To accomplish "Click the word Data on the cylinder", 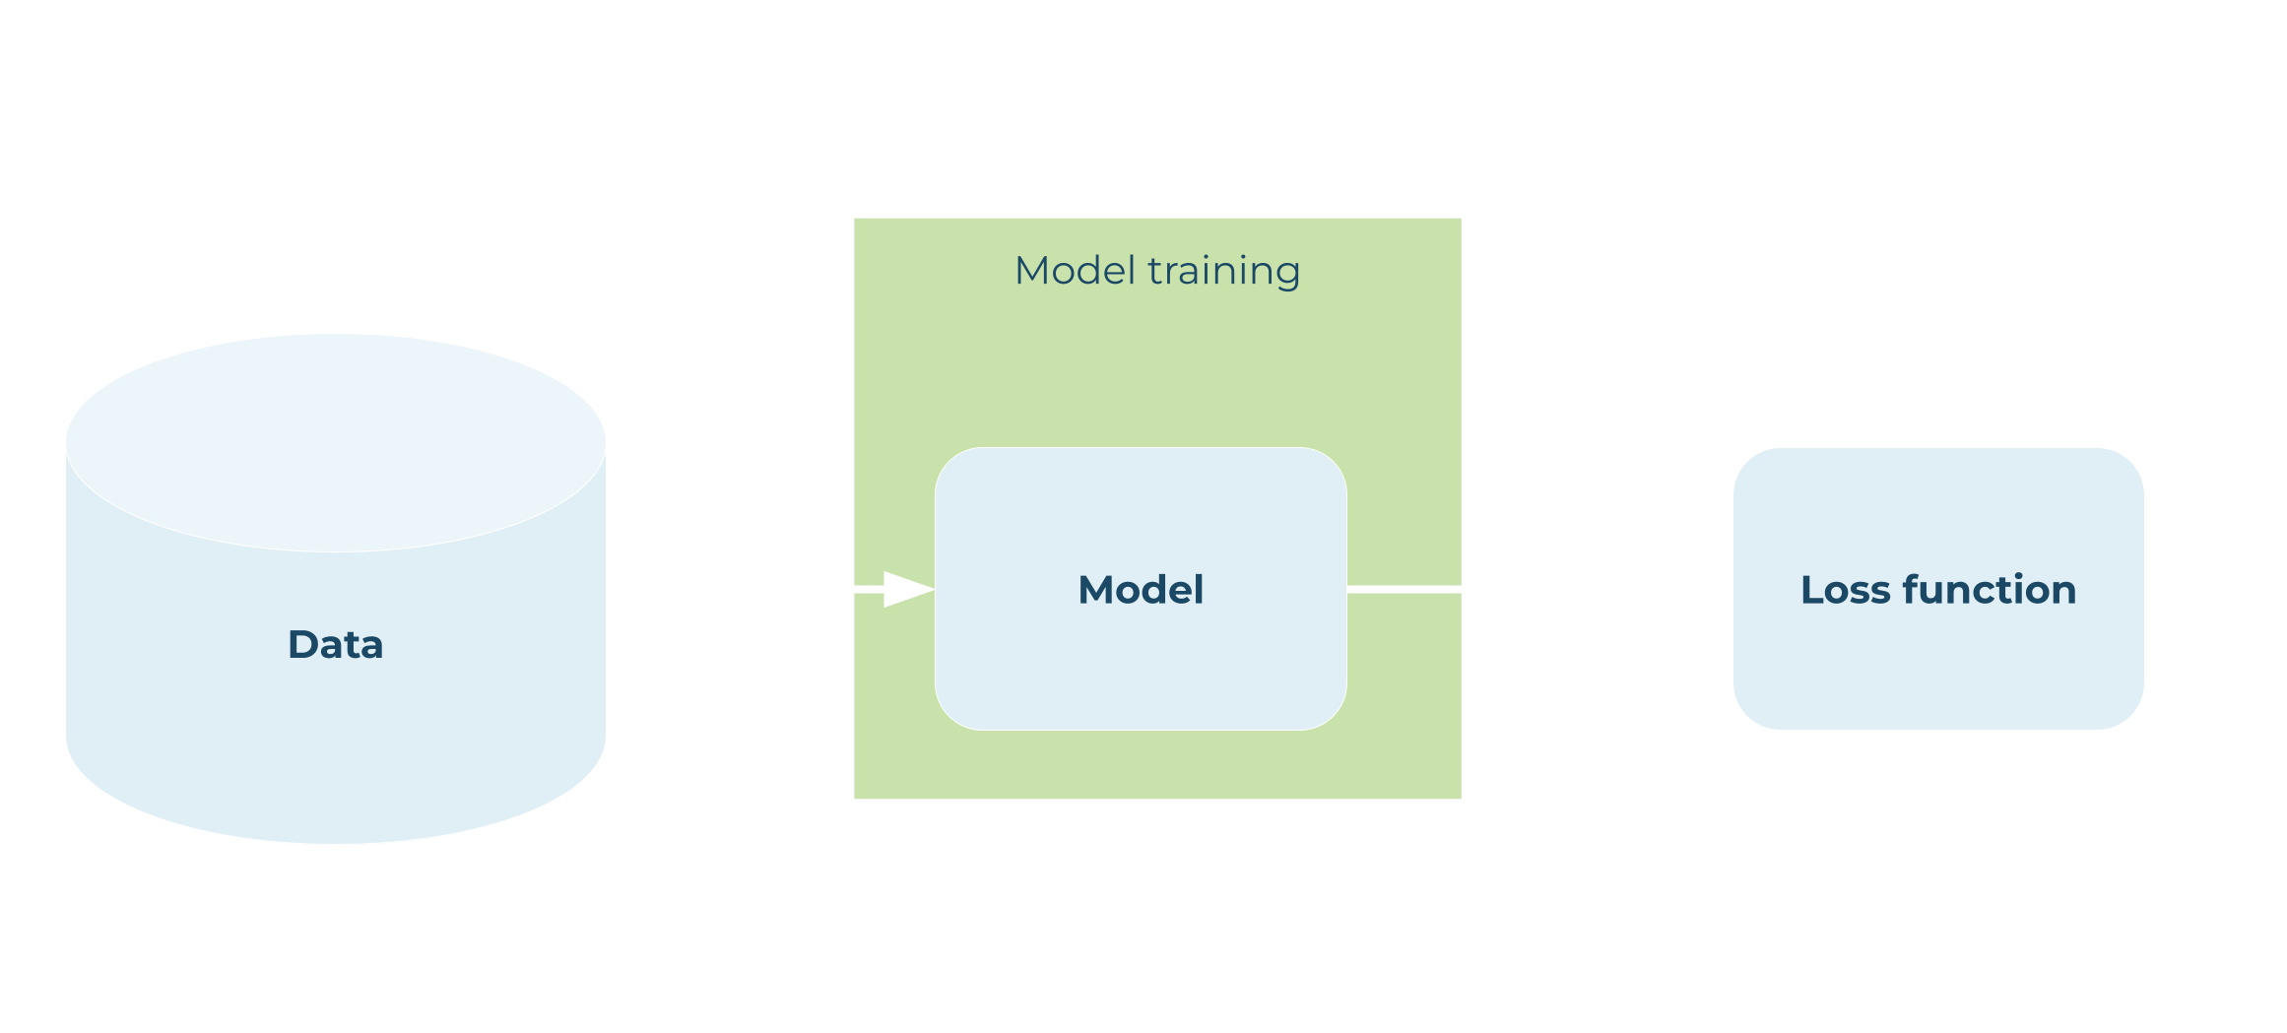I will [x=335, y=644].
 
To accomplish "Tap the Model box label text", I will [x=1141, y=590].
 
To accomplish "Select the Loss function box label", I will [x=1937, y=590].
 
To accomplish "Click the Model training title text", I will [x=1157, y=271].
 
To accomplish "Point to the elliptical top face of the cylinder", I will [x=335, y=442].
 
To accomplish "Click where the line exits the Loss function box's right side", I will [x=2147, y=589].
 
